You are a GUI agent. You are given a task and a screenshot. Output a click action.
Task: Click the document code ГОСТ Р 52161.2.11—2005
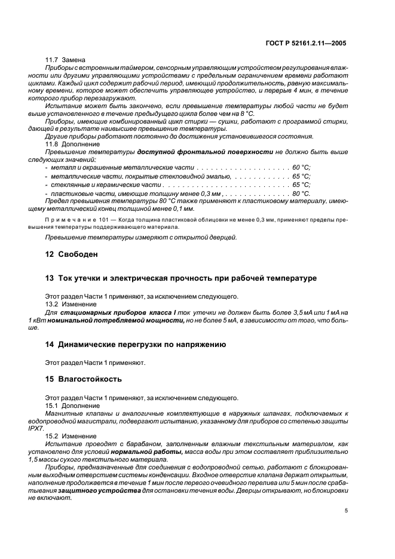(307, 44)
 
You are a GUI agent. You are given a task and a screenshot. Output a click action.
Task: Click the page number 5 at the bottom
(347, 511)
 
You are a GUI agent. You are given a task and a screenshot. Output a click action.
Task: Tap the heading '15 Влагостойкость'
(84, 379)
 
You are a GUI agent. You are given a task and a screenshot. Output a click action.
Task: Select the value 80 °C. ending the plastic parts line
(301, 193)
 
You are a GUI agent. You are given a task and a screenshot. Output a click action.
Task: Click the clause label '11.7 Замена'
(66, 60)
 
